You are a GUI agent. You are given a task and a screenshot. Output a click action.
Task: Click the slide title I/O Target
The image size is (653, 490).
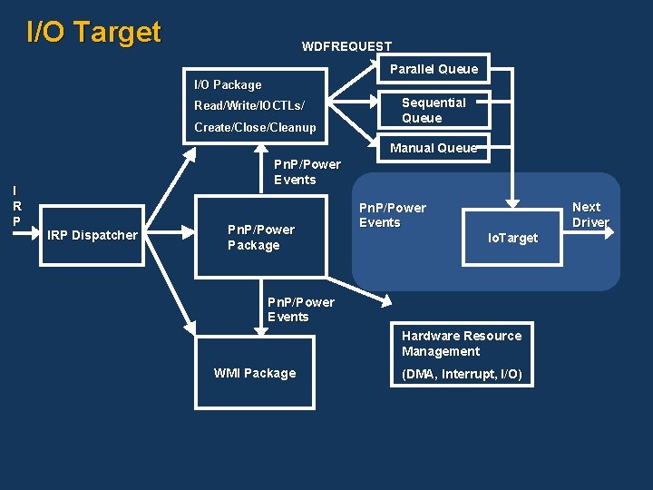[93, 32]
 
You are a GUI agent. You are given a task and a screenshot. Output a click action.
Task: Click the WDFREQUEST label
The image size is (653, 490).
[346, 46]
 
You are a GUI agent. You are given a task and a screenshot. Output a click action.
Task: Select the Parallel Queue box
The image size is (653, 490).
[434, 69]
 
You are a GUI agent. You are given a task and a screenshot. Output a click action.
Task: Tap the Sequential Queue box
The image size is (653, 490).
[434, 110]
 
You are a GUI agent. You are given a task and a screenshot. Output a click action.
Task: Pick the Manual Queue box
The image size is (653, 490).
[434, 148]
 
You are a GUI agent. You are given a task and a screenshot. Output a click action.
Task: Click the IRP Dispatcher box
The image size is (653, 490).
[93, 235]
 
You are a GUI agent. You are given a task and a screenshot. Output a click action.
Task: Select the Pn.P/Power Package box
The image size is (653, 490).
[261, 237]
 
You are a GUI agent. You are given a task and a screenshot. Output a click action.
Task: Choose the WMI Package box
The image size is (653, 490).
[255, 373]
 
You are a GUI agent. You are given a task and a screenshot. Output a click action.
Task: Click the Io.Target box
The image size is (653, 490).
[512, 238]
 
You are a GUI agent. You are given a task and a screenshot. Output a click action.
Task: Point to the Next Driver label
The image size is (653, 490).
[590, 214]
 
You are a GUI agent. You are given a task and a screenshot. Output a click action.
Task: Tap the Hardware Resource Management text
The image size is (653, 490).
[462, 343]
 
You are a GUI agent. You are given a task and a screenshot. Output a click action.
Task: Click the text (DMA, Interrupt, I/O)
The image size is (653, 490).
[462, 374]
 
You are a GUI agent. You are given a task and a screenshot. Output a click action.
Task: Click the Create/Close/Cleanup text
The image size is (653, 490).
[255, 127]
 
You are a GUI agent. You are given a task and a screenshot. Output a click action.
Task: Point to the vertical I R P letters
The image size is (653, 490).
[16, 206]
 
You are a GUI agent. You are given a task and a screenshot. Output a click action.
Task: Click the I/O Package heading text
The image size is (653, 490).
[228, 84]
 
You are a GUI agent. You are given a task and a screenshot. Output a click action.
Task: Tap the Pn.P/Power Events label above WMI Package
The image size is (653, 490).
[300, 309]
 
